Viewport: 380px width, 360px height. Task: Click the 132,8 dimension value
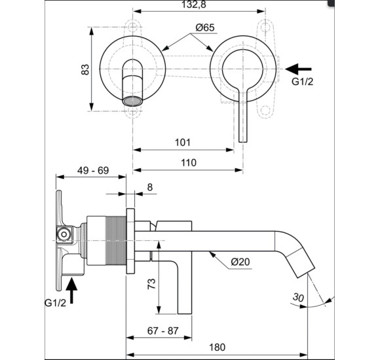click(199, 6)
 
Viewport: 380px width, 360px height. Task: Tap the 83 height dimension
click(85, 69)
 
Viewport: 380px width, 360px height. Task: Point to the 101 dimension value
click(183, 142)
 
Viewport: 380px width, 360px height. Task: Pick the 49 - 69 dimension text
click(92, 170)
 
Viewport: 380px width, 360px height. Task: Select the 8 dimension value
click(150, 187)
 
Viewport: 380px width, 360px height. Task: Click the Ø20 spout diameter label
click(240, 262)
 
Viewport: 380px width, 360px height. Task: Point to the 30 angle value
click(299, 297)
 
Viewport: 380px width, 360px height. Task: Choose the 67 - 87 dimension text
click(163, 331)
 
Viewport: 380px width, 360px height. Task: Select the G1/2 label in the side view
click(55, 303)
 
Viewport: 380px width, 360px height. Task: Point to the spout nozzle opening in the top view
click(132, 101)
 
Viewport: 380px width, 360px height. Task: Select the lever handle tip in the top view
click(243, 137)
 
